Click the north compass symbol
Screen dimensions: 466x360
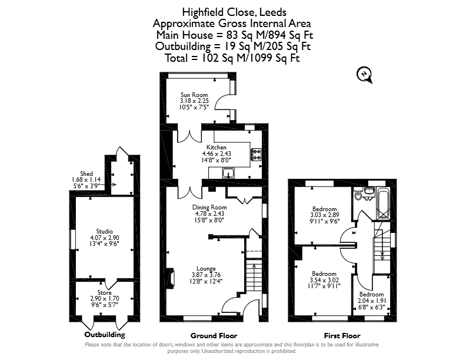tap(364, 75)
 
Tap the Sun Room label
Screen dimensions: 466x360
tap(194, 95)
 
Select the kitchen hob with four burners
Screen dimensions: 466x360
tap(256, 155)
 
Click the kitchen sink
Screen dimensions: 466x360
tap(228, 173)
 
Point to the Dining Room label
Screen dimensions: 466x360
tap(209, 207)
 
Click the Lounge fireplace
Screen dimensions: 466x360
tap(171, 278)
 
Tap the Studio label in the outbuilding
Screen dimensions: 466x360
tap(105, 231)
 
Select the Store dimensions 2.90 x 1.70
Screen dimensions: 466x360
tap(105, 298)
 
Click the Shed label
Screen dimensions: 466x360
tap(86, 174)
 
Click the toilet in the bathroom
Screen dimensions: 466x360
tap(358, 194)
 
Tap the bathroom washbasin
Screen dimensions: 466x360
tap(369, 191)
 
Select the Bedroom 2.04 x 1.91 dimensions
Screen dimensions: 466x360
tap(372, 301)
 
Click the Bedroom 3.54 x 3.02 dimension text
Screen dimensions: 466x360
tap(324, 280)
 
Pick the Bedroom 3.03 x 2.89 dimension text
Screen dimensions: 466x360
tap(325, 215)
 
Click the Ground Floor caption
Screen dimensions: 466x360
tap(214, 336)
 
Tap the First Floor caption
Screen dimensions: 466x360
tap(342, 336)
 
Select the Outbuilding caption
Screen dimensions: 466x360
tap(105, 335)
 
